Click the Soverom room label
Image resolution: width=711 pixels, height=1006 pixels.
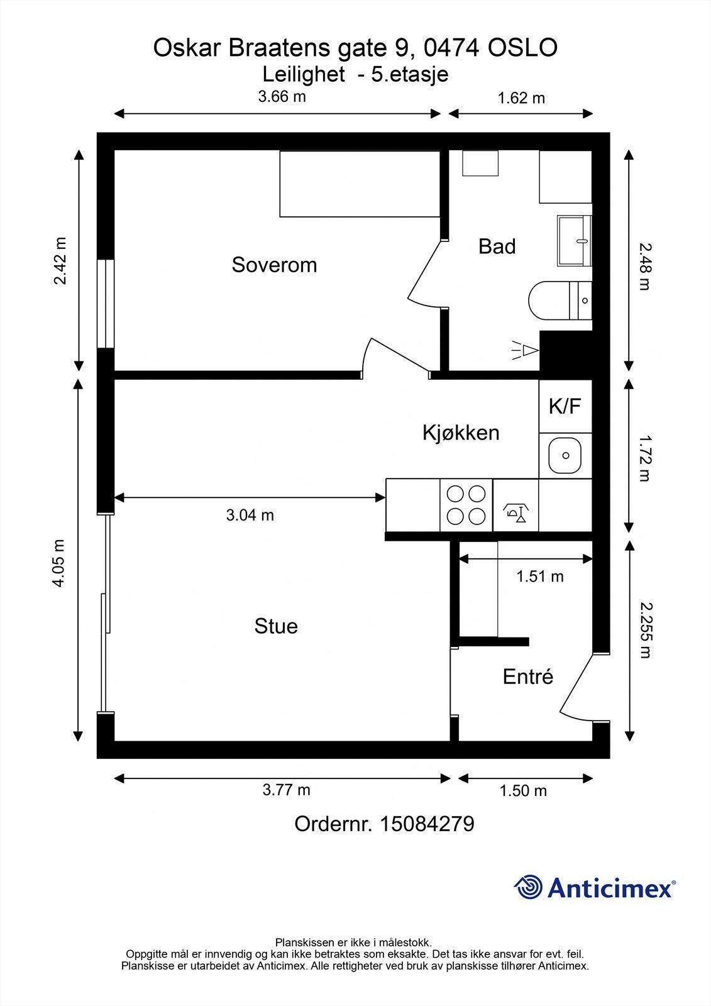274,265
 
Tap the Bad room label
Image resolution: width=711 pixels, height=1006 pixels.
497,246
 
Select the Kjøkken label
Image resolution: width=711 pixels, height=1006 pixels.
461,433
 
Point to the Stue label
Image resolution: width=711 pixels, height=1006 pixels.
276,626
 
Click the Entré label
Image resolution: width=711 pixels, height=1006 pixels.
527,677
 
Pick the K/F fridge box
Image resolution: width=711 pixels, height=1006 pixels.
565,406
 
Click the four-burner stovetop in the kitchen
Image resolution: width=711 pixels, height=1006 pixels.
466,506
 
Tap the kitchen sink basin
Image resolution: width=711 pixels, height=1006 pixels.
565,455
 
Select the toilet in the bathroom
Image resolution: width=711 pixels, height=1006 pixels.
560,301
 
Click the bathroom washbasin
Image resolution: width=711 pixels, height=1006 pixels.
575,241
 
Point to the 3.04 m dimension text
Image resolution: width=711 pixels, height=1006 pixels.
250,515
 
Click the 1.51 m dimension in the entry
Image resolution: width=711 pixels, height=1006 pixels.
540,576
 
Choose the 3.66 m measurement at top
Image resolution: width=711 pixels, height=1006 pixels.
282,97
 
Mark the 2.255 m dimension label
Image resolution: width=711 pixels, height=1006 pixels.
646,631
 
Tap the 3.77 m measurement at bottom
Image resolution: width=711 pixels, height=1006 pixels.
286,790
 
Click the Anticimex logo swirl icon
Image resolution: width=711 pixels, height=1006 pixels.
528,887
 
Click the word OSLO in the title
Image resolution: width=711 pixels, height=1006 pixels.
522,48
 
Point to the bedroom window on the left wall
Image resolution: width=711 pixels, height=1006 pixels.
106,304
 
